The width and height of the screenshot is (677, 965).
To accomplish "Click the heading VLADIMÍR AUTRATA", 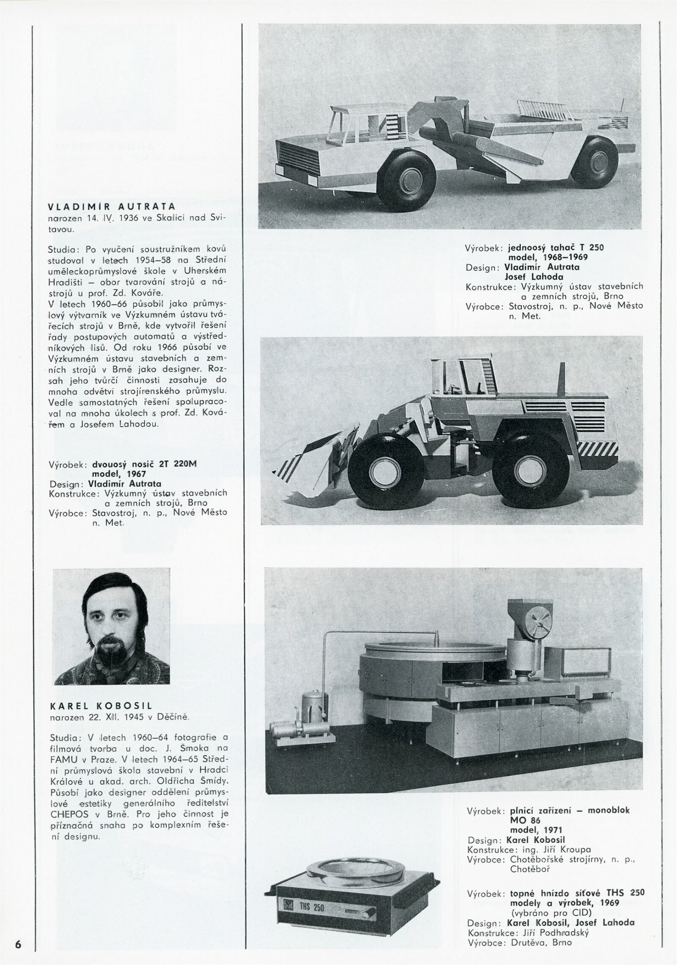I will (x=112, y=207).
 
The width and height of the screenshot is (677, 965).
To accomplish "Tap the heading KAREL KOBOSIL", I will (x=101, y=706).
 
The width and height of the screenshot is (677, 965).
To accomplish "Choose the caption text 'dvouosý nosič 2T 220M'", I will (x=145, y=464).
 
